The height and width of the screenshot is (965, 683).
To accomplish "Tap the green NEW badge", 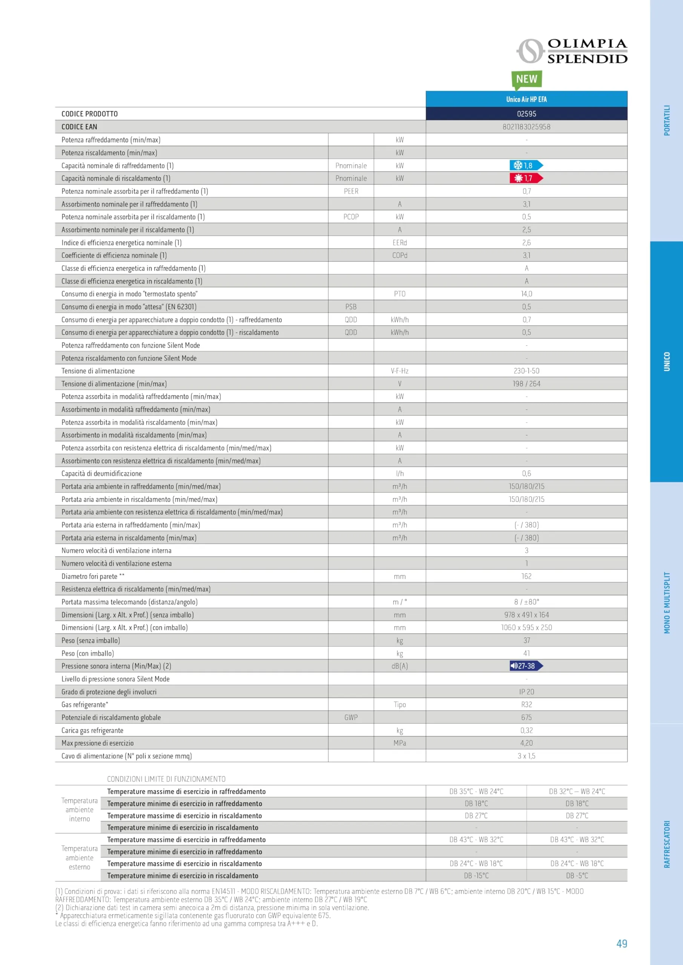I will pos(526,79).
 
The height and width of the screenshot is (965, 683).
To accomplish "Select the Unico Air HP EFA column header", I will pos(526,99).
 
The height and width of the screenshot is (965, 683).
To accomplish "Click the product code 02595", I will pos(526,114).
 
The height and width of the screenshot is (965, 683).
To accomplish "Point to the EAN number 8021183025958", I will pos(526,127).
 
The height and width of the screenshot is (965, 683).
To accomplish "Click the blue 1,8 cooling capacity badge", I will pos(526,165).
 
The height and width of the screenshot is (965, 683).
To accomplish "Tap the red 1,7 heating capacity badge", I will pos(526,178).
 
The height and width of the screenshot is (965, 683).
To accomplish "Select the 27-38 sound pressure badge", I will pos(526,666).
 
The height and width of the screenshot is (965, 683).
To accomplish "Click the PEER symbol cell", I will pos(351,191).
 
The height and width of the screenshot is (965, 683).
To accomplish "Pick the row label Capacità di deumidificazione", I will pos(102,473).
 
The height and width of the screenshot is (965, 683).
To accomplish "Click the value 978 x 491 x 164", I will pos(526,615).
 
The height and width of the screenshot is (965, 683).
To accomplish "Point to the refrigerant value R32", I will pos(526,705).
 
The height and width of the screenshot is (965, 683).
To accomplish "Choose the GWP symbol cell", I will pos(351,717).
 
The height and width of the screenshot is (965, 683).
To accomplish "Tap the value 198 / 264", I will pos(526,384).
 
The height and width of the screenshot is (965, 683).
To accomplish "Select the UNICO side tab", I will pos(667,361).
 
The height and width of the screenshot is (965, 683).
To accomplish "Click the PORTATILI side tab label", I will pos(667,120).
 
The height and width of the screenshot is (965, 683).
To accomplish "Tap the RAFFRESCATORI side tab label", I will pos(667,844).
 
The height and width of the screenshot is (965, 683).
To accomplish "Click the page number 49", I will pos(622,944).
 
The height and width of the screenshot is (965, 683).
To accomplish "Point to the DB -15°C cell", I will pos(476,876).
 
